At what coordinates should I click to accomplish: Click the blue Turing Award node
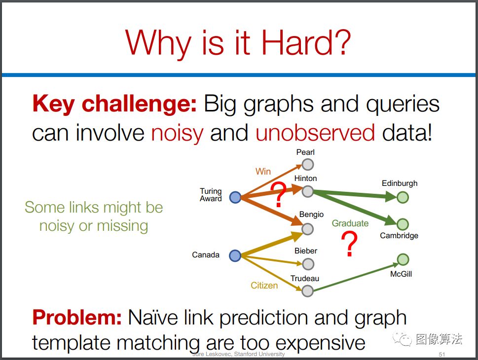[235, 197]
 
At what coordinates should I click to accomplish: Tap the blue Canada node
[235, 255]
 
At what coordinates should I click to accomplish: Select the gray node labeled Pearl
[308, 165]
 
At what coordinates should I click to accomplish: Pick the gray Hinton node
[308, 191]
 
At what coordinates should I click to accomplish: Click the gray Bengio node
[308, 229]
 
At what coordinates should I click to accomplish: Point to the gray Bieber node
[308, 264]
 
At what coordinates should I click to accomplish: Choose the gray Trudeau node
[308, 291]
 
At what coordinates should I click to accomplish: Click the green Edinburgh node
[403, 197]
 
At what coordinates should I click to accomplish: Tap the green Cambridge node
[403, 224]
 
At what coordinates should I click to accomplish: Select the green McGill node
[403, 259]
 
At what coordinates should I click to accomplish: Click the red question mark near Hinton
[279, 195]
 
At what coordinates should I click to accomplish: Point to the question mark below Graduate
[349, 244]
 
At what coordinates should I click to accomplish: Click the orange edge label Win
[263, 171]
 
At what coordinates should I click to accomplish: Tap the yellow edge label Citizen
[264, 286]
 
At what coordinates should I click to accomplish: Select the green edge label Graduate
[350, 223]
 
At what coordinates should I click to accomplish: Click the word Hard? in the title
[306, 42]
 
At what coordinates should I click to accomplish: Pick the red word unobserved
[315, 133]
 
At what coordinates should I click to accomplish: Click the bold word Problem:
[77, 317]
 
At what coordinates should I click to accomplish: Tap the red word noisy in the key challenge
[177, 134]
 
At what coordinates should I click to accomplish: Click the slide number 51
[441, 354]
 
